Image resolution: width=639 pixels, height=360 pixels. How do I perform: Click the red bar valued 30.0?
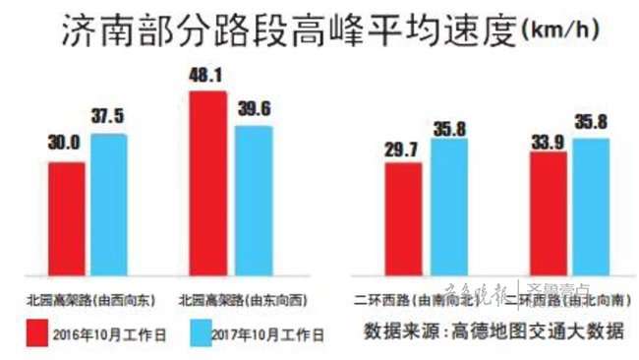pyautogui.click(x=67, y=218)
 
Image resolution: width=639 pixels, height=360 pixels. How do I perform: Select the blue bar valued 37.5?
pyautogui.click(x=109, y=204)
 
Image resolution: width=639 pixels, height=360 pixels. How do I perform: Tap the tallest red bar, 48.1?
pyautogui.click(x=207, y=182)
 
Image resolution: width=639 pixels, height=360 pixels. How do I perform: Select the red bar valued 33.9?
pyautogui.click(x=548, y=213)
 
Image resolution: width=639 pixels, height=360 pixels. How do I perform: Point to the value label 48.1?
pyautogui.click(x=205, y=74)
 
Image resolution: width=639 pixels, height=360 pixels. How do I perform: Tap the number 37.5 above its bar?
pyautogui.click(x=108, y=117)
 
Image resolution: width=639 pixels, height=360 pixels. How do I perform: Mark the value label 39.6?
pyautogui.click(x=253, y=108)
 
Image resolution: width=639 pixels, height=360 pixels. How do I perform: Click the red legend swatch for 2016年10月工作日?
pyautogui.click(x=39, y=331)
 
